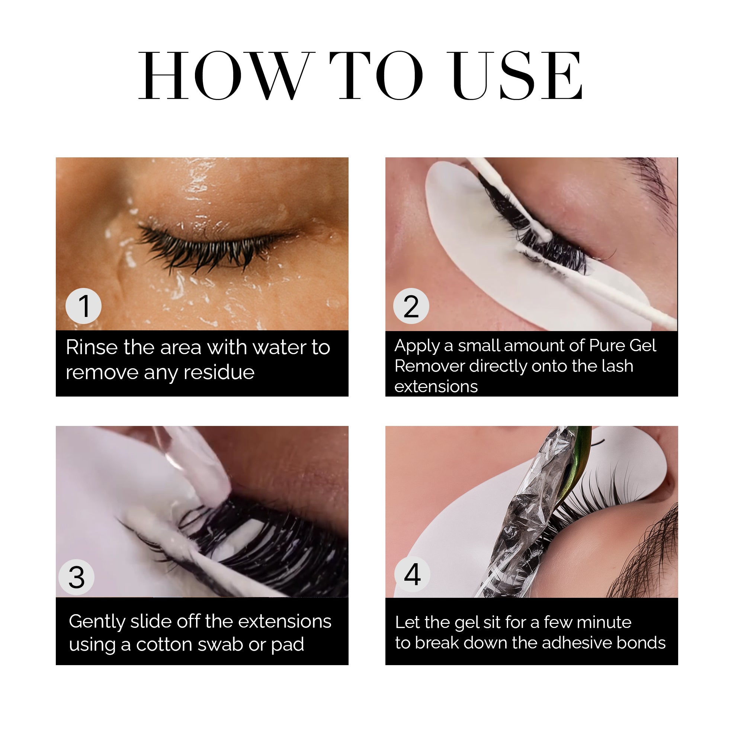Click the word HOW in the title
pyautogui.click(x=225, y=76)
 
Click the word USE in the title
pyautogui.click(x=517, y=76)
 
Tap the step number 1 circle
pyautogui.click(x=84, y=306)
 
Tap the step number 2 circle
pyautogui.click(x=411, y=306)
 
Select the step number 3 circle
pyautogui.click(x=76, y=577)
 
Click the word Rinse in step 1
pyautogui.click(x=92, y=347)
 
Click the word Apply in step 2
pyautogui.click(x=417, y=346)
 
